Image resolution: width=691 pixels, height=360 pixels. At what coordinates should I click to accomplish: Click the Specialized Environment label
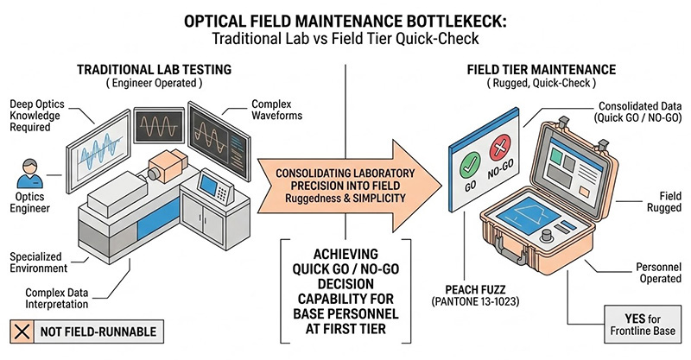pos(44,262)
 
